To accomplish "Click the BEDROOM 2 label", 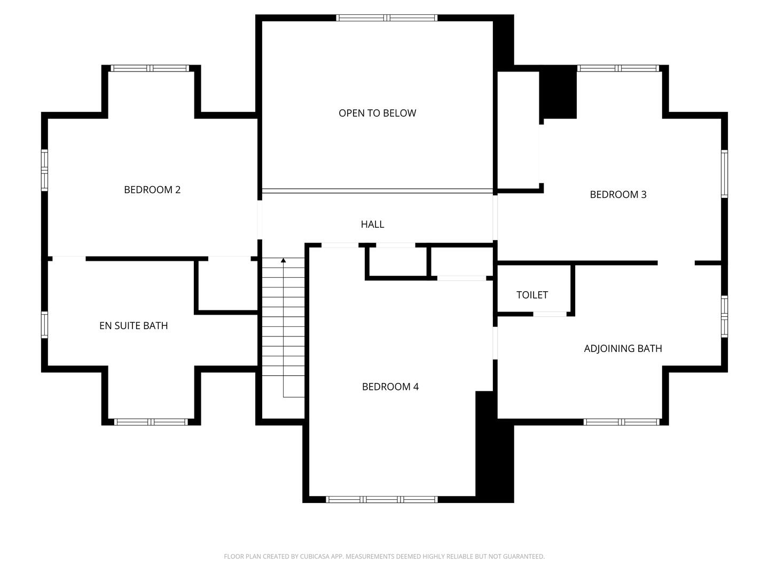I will tap(152, 190).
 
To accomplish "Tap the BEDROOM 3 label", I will tap(618, 195).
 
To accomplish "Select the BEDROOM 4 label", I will tap(390, 387).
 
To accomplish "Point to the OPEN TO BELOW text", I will tap(377, 113).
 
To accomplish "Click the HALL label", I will tap(372, 225).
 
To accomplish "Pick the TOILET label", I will tap(532, 295).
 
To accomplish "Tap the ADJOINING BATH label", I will tap(623, 349).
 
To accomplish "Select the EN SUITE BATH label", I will tap(134, 326).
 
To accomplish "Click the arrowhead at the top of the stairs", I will tap(284, 260).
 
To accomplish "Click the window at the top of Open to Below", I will tap(387, 18).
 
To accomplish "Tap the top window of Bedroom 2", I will tap(150, 68).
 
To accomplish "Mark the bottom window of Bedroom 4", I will tap(381, 500).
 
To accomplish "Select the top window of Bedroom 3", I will tap(618, 68).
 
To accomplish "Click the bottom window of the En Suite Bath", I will tap(151, 422).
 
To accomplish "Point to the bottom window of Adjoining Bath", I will tap(621, 422).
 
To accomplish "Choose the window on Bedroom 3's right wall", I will tap(724, 174).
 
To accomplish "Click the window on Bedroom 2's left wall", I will tap(45, 170).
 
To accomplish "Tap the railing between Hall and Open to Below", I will tap(377, 191).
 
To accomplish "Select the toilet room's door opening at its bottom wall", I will tap(550, 314).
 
